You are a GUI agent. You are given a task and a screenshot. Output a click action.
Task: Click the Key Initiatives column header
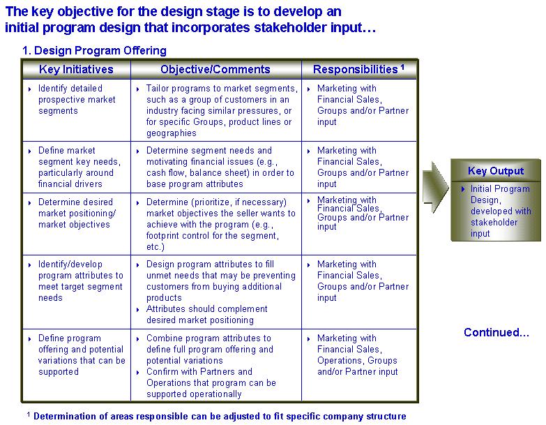point(76,69)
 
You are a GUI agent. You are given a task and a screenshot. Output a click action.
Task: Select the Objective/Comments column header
point(215,69)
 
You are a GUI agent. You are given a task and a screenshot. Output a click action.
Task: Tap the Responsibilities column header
point(355,69)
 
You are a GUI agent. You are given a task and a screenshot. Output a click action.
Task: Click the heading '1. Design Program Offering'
point(94,50)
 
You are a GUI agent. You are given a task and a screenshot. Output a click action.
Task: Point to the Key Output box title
point(496,171)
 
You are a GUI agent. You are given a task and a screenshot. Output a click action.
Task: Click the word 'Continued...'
point(496,332)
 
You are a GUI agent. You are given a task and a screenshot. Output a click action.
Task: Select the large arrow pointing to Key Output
point(435,187)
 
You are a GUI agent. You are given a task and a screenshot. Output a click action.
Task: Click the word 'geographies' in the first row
point(172,133)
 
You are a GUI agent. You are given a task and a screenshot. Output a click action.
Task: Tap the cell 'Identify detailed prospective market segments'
point(77,100)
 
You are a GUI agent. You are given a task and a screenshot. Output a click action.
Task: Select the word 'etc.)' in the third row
point(156,246)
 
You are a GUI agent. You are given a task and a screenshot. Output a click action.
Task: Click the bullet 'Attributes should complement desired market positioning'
point(207,314)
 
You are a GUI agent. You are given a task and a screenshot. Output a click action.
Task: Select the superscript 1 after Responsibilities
point(402,66)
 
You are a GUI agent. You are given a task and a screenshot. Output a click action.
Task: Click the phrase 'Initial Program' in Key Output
point(500,189)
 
